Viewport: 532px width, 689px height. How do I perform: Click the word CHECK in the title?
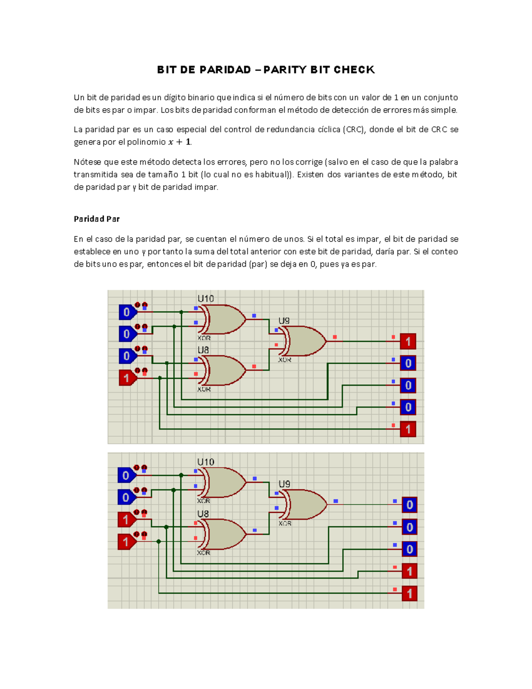pos(354,70)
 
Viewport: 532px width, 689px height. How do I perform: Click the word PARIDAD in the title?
pos(225,70)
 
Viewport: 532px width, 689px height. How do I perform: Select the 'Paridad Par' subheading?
pos(97,219)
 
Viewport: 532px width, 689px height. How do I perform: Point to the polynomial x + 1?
pos(180,142)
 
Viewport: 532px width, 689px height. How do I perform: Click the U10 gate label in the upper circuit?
pos(206,299)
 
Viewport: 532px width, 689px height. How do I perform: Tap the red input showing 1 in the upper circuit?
pos(127,378)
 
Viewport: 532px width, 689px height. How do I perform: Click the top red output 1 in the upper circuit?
pos(408,342)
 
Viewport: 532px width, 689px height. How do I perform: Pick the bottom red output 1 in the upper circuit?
pos(408,429)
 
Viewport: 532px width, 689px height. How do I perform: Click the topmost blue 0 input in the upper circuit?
pos(127,312)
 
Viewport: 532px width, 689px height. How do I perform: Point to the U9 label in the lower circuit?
pos(284,484)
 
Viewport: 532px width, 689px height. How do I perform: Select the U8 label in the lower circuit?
pos(203,514)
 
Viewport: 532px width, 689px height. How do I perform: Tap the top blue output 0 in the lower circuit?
pos(409,505)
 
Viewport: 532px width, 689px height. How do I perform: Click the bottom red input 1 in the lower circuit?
pos(126,542)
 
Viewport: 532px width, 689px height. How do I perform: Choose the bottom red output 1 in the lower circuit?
pos(409,594)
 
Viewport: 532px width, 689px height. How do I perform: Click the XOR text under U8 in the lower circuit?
pos(203,553)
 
